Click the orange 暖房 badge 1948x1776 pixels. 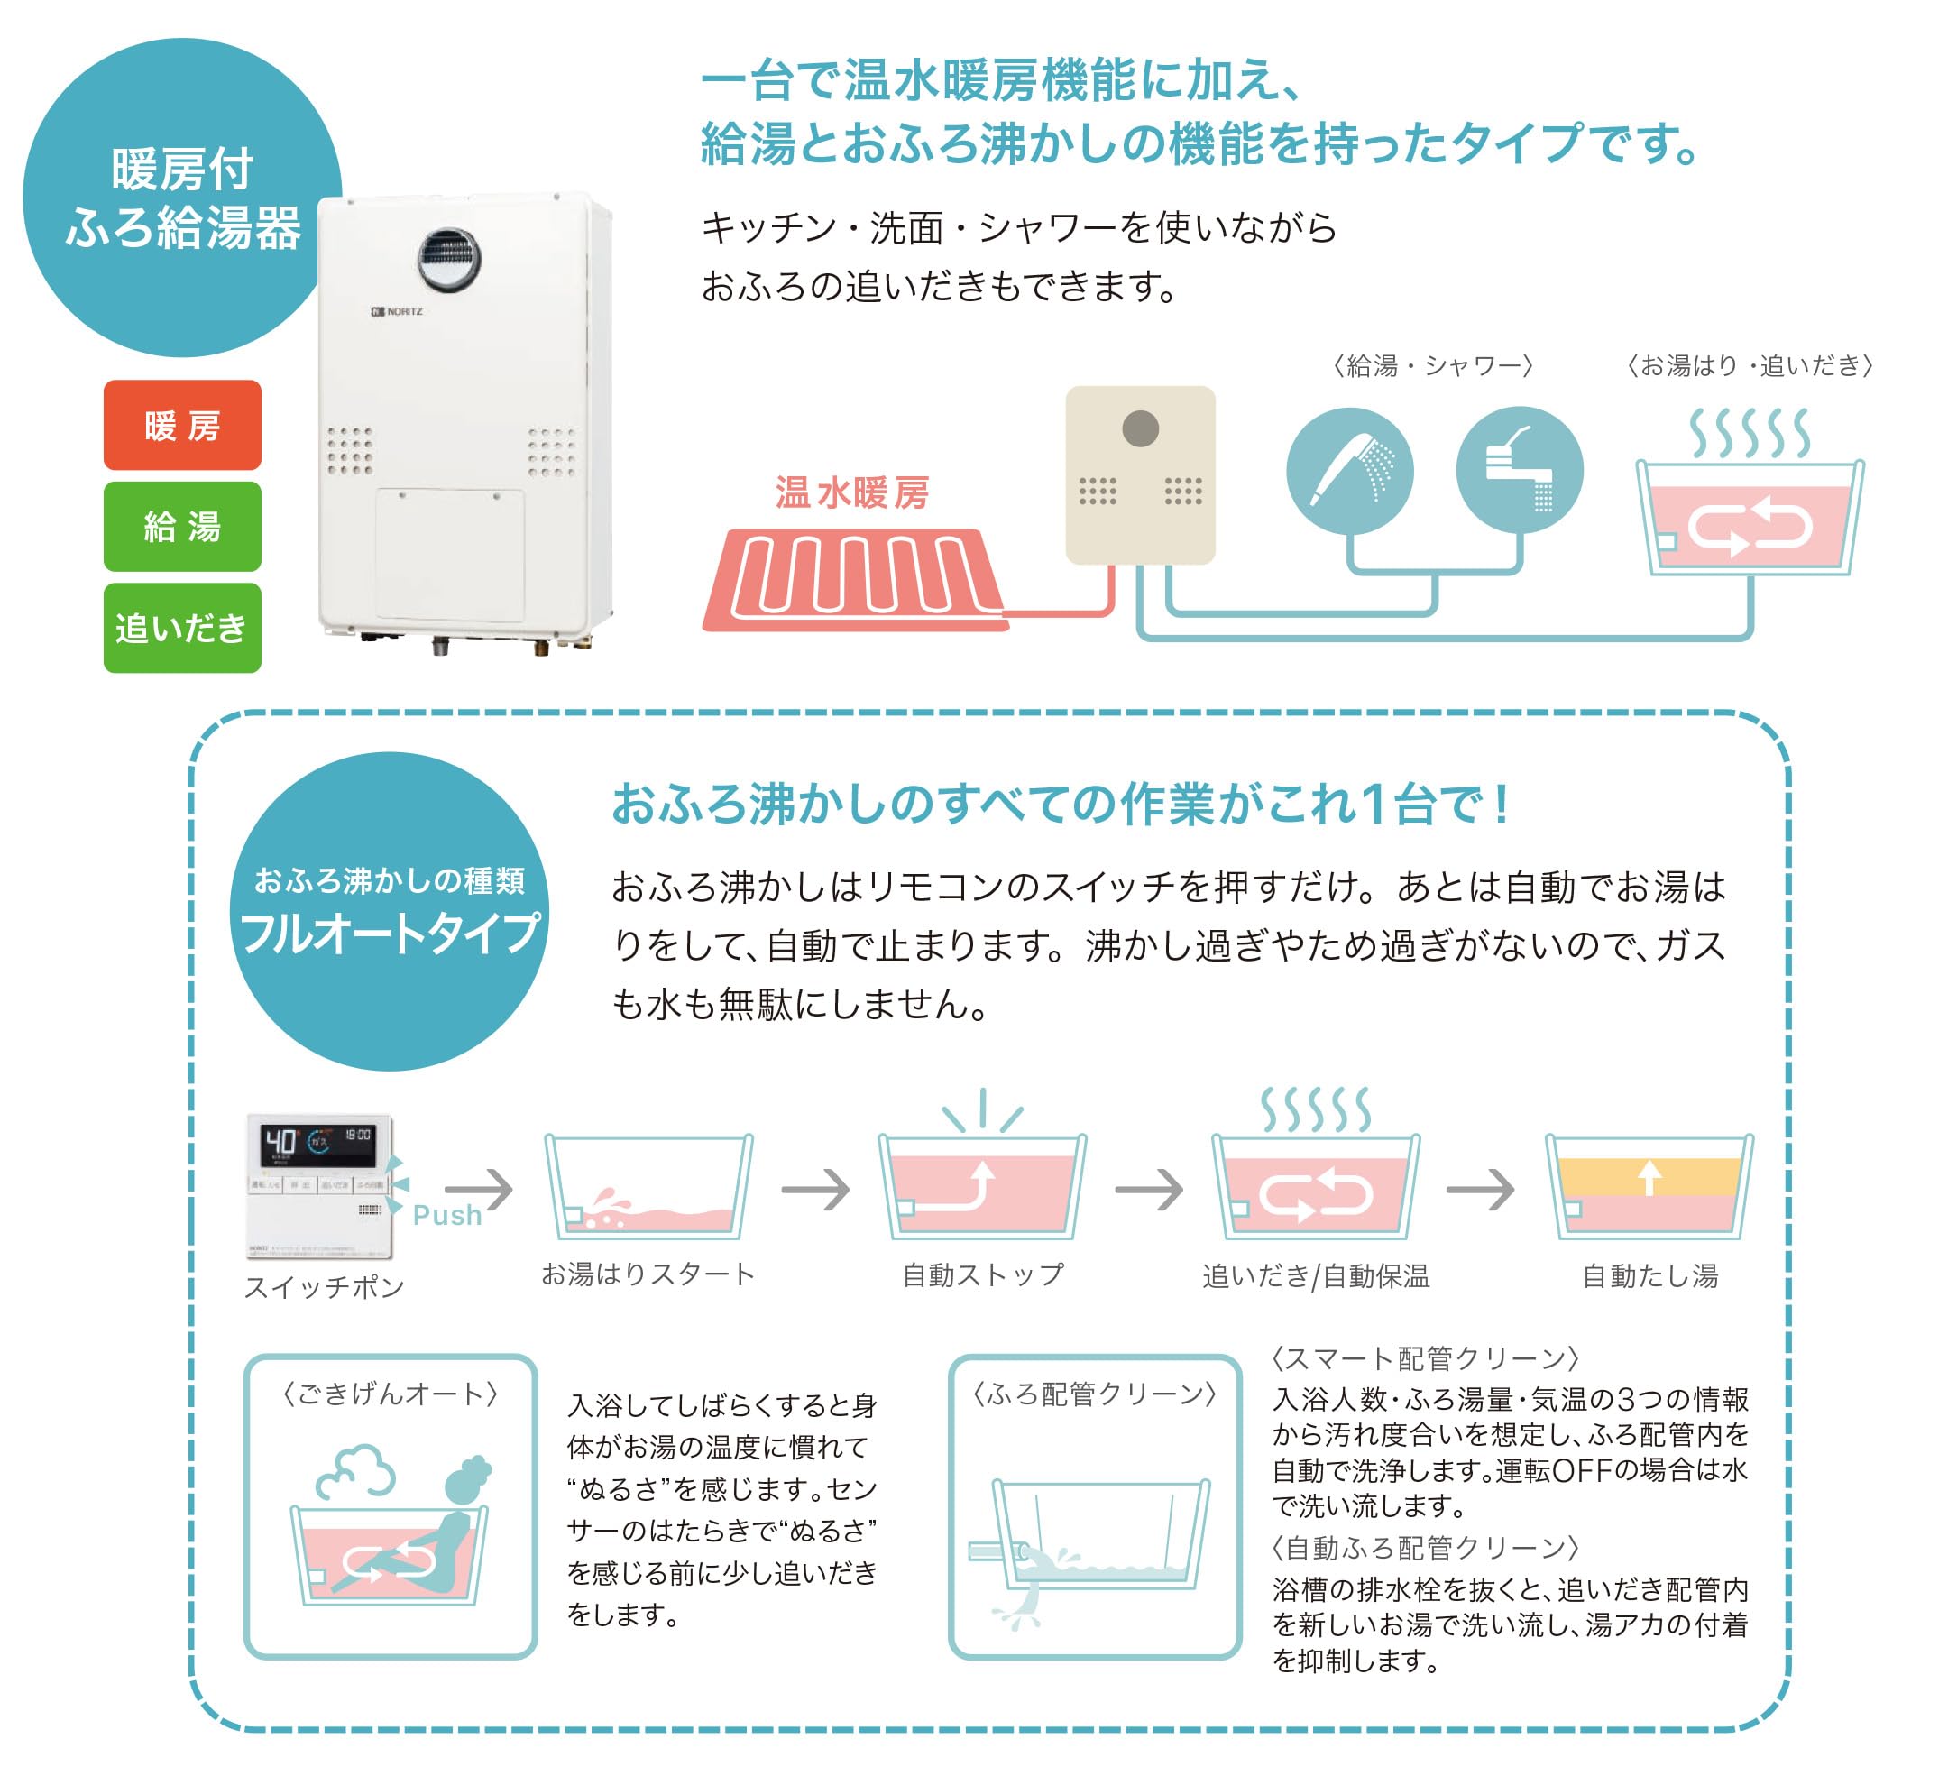[x=181, y=425]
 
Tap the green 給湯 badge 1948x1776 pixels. [x=181, y=527]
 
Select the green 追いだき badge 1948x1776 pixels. [x=181, y=628]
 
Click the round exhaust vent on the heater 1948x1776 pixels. [x=448, y=260]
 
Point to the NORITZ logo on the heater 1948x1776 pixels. [x=397, y=312]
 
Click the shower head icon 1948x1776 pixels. [x=1349, y=471]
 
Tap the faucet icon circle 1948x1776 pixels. [x=1518, y=471]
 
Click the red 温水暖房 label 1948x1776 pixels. [x=851, y=492]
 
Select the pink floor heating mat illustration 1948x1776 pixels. [x=855, y=580]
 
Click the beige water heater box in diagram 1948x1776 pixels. [x=1139, y=475]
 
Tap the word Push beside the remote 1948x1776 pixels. [x=446, y=1216]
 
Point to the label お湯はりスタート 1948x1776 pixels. [x=648, y=1274]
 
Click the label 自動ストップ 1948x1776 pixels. [x=983, y=1275]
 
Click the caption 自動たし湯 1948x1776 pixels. [x=1649, y=1276]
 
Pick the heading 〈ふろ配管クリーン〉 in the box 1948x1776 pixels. [x=1094, y=1394]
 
